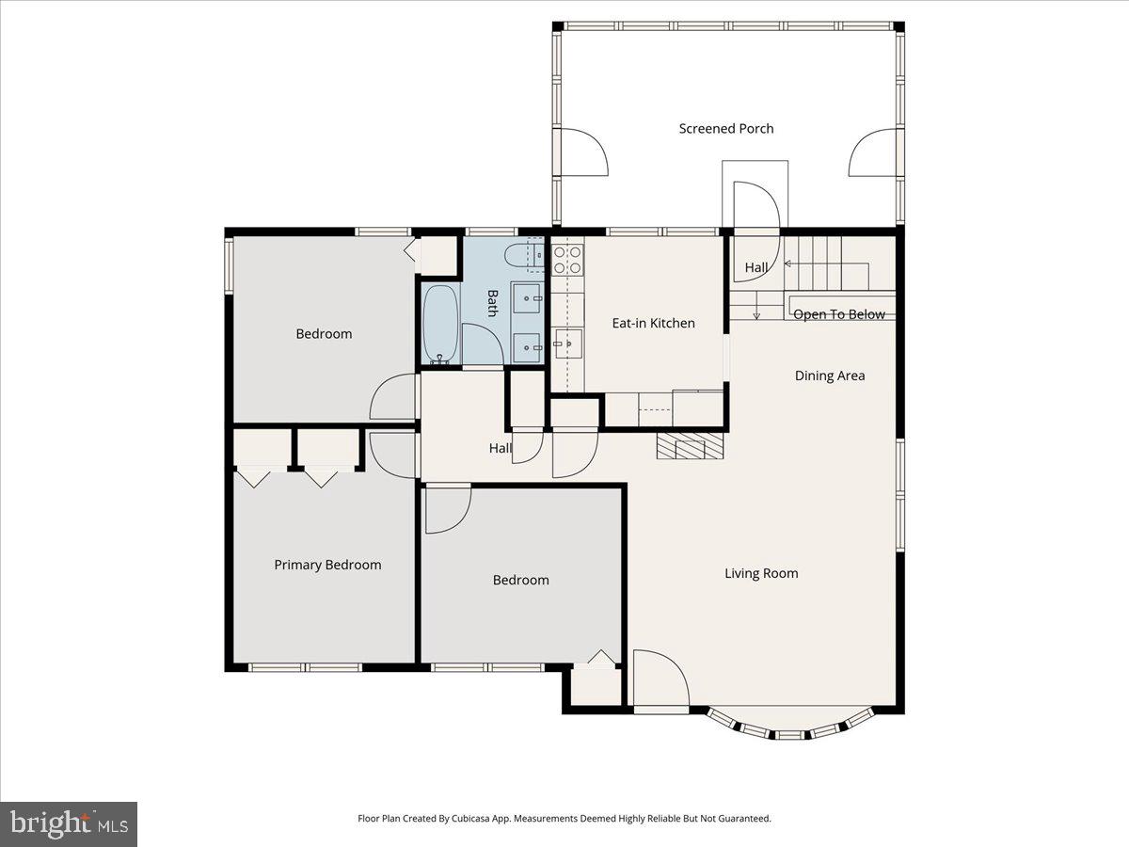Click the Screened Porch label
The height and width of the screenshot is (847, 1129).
726,129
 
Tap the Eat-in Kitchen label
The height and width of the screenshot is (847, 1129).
653,323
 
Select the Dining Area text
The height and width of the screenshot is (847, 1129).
829,376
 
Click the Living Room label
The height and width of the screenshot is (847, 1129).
761,573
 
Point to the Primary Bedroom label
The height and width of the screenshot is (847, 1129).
327,565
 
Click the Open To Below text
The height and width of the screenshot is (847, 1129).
838,314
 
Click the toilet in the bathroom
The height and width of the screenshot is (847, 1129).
520,255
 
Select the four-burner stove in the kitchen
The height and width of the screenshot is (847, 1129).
566,260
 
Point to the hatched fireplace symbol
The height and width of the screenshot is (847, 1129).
692,445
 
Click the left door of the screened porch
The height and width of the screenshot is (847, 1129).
583,152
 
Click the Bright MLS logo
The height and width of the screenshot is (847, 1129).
69,824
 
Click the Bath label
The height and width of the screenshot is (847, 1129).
491,303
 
